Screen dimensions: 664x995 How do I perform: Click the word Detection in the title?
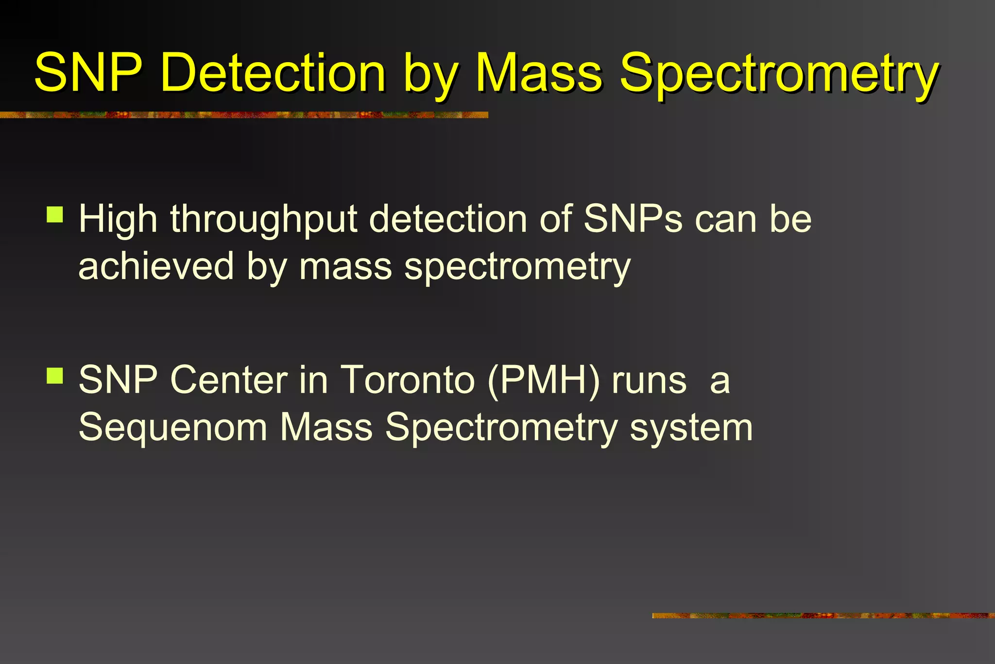pyautogui.click(x=273, y=73)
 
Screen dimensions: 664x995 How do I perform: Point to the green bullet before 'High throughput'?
pyautogui.click(x=55, y=214)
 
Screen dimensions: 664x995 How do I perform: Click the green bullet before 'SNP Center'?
pyautogui.click(x=55, y=375)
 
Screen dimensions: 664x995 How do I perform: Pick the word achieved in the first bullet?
pyautogui.click(x=156, y=266)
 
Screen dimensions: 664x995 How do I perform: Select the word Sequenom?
pyautogui.click(x=173, y=428)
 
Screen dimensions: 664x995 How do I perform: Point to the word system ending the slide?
pyautogui.click(x=691, y=429)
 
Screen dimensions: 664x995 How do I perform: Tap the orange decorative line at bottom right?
pyautogui.click(x=823, y=615)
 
